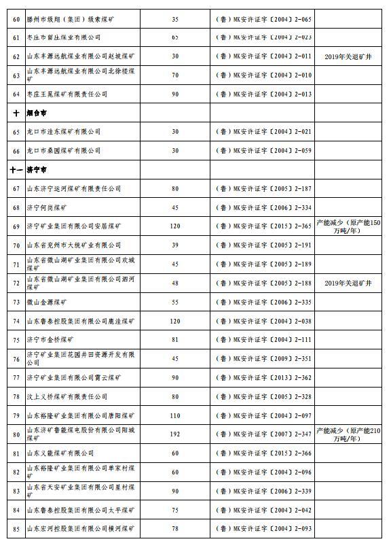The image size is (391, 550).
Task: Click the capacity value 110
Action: tap(175, 415)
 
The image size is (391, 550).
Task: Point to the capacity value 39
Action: tap(175, 245)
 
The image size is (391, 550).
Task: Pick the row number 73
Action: tap(16, 301)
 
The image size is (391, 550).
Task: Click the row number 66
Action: tap(16, 150)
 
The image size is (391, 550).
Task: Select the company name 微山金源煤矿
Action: tap(47, 301)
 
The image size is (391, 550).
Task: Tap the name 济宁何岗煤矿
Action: tap(47, 207)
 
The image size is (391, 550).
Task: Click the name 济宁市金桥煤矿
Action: tap(50, 339)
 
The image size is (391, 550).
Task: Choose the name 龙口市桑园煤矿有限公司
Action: tap(63, 150)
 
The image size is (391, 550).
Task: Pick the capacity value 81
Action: tap(175, 339)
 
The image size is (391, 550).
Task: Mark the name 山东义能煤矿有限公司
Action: tap(60, 453)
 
